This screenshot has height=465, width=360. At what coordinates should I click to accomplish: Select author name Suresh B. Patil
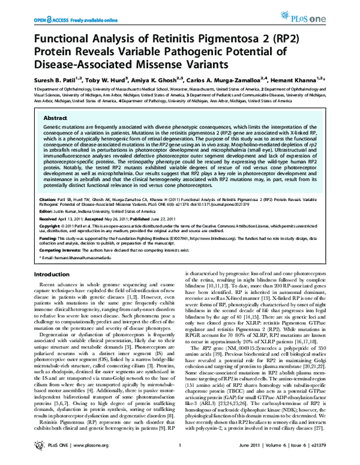(46, 78)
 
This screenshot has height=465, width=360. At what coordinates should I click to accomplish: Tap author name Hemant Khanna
(311, 78)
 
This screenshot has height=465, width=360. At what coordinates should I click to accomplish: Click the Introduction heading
(46, 274)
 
